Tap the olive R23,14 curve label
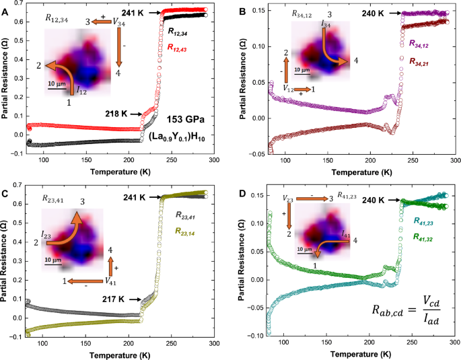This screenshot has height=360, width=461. (190, 230)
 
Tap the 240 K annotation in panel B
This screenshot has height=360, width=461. (374, 13)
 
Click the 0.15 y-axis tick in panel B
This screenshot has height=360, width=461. (258, 11)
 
